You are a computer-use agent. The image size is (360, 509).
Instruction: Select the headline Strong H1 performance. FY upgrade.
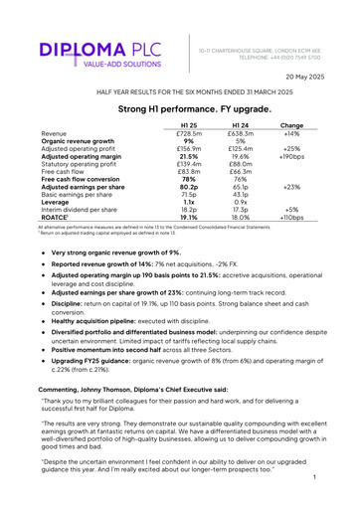pyautogui.click(x=180, y=107)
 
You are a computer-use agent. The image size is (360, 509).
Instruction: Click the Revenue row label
pyautogui.click(x=55, y=133)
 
